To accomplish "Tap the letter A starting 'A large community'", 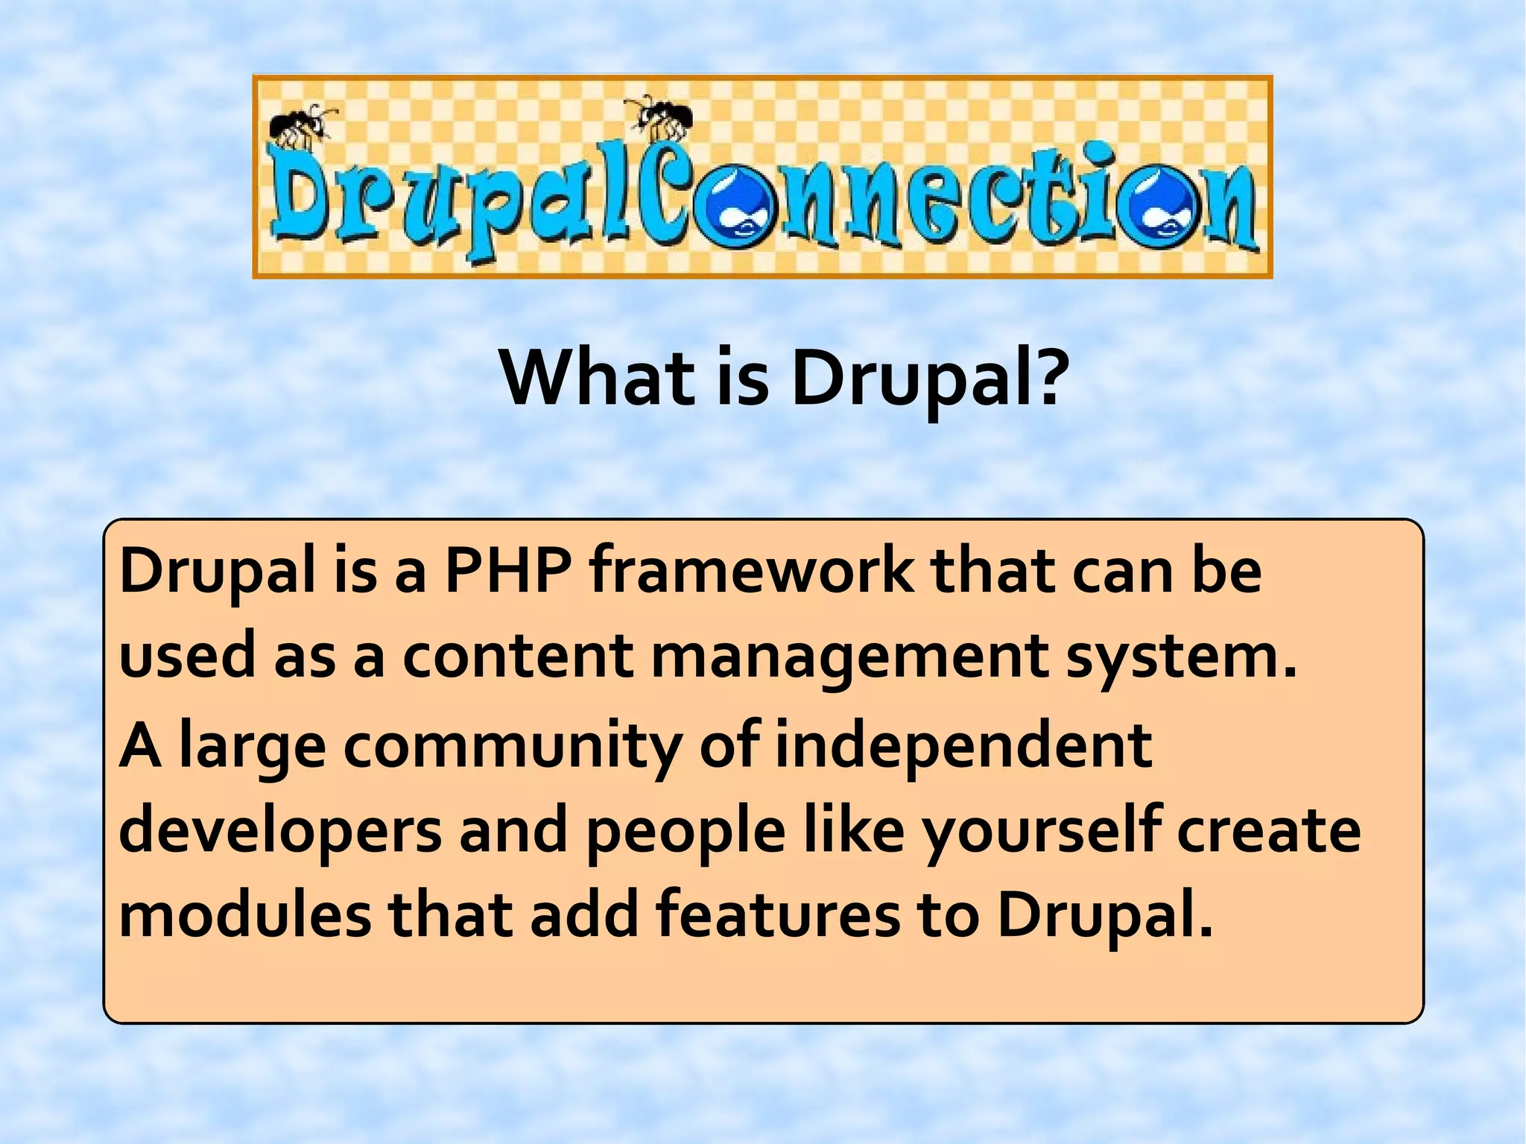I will click(139, 746).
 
